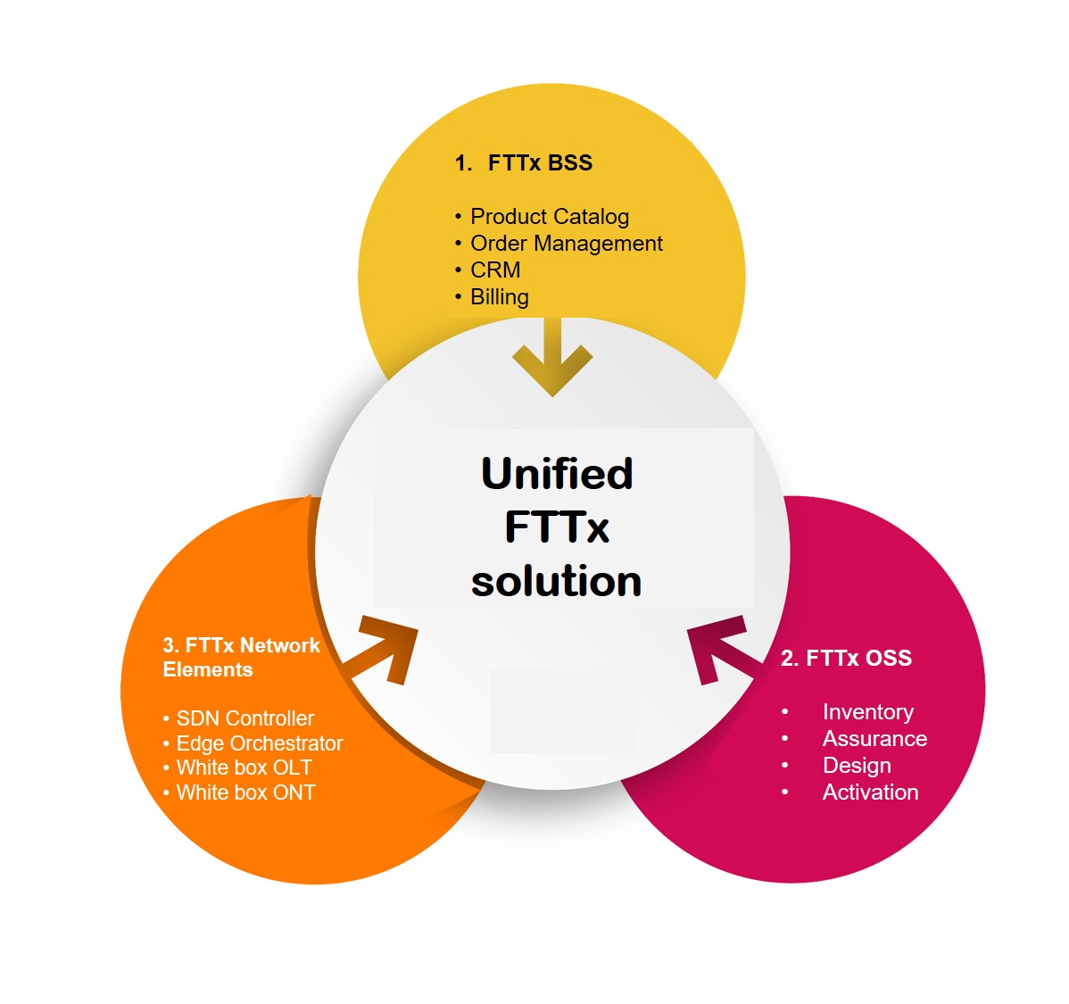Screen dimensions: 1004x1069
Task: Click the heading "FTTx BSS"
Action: click(x=539, y=163)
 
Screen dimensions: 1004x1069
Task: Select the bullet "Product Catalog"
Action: click(x=549, y=217)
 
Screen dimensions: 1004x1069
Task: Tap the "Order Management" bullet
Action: click(x=566, y=244)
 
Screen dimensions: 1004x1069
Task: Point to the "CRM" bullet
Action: click(x=495, y=270)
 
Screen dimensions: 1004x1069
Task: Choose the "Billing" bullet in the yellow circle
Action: click(x=499, y=297)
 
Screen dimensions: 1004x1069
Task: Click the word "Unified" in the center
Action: click(x=557, y=474)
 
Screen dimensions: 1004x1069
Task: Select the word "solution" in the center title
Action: click(x=556, y=581)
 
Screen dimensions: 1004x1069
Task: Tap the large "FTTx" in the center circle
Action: click(x=557, y=527)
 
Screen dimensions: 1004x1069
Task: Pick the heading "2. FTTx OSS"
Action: click(x=846, y=659)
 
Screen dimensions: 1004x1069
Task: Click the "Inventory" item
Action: click(x=867, y=712)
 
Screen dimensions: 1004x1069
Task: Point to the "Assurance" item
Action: click(x=874, y=739)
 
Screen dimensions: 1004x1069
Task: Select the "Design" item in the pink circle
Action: click(x=856, y=766)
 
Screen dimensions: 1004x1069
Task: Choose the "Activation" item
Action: click(x=870, y=792)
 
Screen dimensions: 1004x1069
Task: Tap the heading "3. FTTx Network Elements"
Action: click(x=241, y=658)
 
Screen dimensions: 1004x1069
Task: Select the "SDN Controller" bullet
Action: click(x=244, y=718)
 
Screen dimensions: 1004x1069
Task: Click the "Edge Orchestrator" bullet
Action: click(x=259, y=743)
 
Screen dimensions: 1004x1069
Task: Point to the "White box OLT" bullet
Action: click(x=244, y=768)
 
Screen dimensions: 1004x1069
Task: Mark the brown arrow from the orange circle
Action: click(x=385, y=649)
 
